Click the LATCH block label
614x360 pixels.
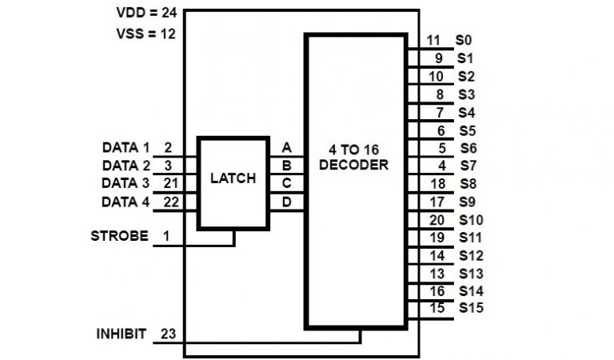[233, 178]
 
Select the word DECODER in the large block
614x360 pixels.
[358, 166]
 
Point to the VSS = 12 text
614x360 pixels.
[146, 34]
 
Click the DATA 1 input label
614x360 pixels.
[126, 147]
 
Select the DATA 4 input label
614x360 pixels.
[126, 202]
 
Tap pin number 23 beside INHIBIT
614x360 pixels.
[168, 334]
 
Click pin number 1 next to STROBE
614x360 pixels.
[167, 236]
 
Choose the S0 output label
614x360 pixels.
[464, 40]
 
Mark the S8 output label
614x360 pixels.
[467, 183]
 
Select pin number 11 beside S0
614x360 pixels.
[433, 40]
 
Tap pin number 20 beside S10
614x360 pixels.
[437, 219]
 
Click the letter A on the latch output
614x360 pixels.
[286, 147]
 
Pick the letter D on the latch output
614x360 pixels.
[286, 202]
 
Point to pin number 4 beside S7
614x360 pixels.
[441, 166]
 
